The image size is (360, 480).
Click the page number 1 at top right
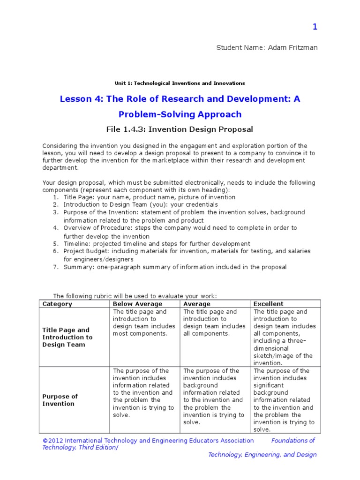point(315,27)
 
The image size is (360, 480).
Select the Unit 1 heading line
point(180,83)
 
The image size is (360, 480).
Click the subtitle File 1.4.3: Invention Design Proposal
point(180,129)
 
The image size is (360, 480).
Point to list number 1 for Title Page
point(55,197)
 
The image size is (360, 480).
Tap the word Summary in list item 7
point(77,267)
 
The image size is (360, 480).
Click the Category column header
point(57,304)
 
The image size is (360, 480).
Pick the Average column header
point(197,304)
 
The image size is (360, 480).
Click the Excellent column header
point(268,304)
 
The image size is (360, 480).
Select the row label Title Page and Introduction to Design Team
point(67,337)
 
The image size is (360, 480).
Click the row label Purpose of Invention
point(60,400)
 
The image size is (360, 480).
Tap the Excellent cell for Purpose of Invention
point(284,400)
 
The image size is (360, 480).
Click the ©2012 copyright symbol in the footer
point(45,441)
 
